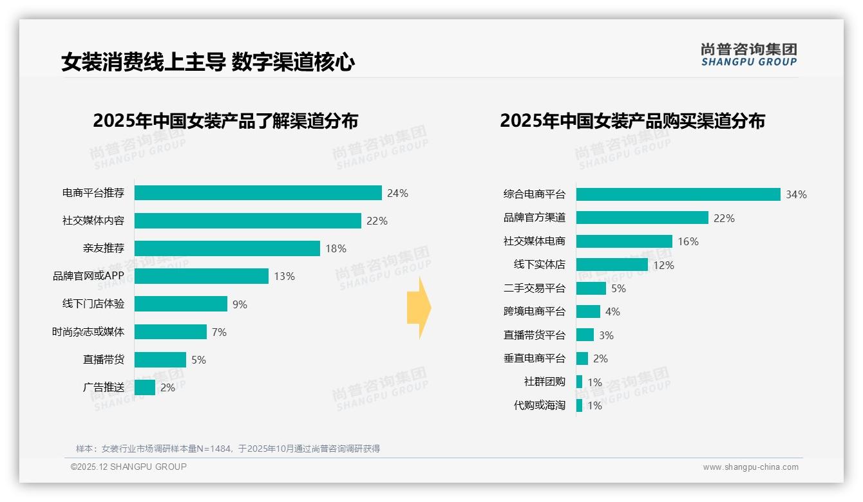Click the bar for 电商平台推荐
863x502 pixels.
coord(258,193)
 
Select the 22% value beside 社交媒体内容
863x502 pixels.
coord(377,221)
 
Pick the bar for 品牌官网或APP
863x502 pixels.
coord(201,276)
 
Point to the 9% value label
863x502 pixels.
coord(240,304)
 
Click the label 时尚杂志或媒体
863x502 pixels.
coord(88,332)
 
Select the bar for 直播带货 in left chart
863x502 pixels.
coord(160,360)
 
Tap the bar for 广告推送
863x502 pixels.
coord(145,387)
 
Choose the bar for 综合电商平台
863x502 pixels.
coord(678,194)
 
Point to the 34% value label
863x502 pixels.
coord(796,194)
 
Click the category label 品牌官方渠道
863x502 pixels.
coord(534,218)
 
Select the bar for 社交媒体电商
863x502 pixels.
coord(623,241)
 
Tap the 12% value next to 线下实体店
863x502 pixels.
coord(663,265)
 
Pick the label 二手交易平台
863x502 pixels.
coord(534,288)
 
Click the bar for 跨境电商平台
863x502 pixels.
coord(588,311)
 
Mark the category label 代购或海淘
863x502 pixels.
coord(539,405)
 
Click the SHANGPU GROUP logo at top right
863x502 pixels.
coord(748,55)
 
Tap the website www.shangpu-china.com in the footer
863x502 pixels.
coord(750,467)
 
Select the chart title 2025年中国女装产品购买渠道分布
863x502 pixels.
coord(632,121)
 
